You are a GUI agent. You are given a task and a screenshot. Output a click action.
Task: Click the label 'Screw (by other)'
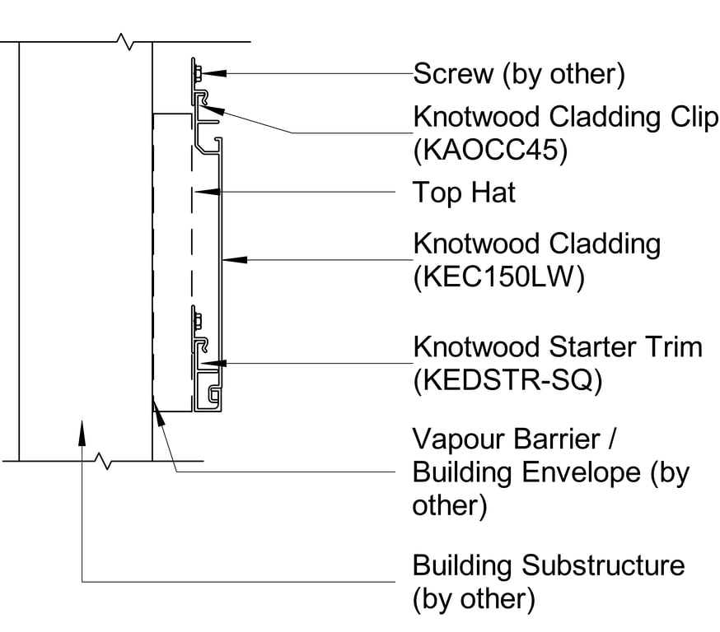(x=519, y=74)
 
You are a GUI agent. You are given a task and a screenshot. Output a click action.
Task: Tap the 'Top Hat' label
(x=464, y=193)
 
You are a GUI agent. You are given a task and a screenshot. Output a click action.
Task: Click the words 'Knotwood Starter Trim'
(x=558, y=346)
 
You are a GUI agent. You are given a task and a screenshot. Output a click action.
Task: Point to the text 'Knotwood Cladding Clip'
(x=565, y=118)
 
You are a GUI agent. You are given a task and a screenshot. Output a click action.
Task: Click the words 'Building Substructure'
(x=548, y=565)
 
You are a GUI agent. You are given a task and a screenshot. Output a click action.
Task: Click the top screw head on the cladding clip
(x=198, y=74)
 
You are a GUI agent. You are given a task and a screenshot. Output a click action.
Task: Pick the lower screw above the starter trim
(x=198, y=317)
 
